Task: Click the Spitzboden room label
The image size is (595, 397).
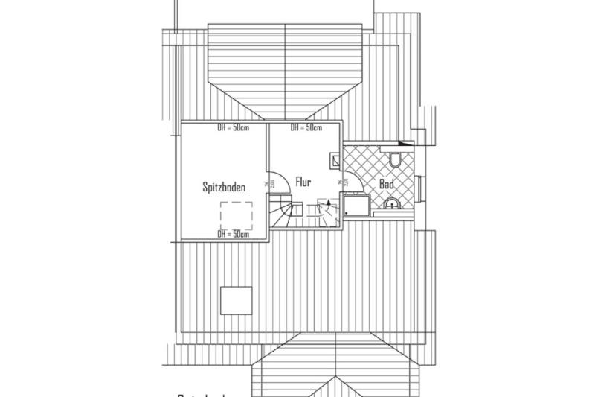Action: tap(224, 188)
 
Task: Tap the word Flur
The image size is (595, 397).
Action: tap(303, 181)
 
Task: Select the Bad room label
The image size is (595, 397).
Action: tap(386, 183)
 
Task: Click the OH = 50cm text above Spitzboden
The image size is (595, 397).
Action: tap(232, 127)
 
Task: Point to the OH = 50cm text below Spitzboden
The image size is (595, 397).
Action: tap(232, 234)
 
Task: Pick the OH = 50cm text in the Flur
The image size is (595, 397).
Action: tap(306, 127)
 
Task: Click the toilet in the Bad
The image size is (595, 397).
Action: tap(395, 158)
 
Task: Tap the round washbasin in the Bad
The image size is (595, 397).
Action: tap(391, 202)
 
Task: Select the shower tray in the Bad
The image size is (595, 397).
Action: tap(354, 206)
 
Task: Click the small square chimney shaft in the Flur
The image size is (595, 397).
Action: tap(334, 158)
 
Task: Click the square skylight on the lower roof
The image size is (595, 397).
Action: tap(237, 299)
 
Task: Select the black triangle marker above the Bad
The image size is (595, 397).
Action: tap(405, 141)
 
